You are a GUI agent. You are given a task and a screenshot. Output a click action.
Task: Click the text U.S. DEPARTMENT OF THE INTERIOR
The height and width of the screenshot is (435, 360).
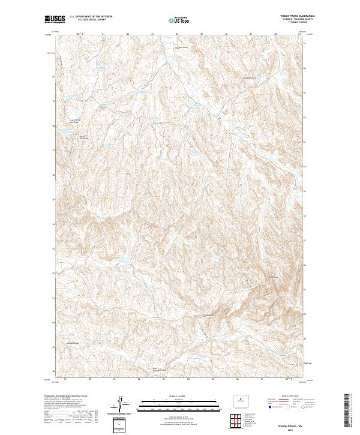91,17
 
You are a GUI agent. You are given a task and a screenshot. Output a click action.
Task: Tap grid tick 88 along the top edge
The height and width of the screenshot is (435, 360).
275,34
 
